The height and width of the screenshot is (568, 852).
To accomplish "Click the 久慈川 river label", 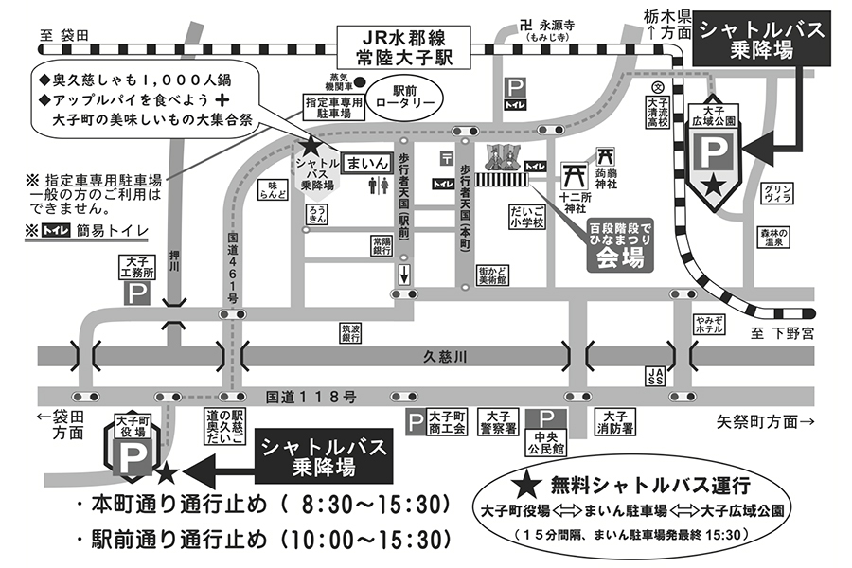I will pos(444,356).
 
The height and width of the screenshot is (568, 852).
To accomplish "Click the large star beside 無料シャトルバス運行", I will pos(531,486).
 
